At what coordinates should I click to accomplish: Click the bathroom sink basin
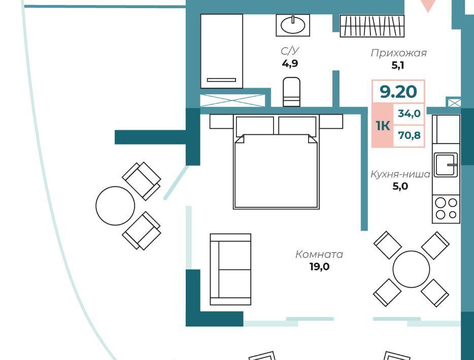pyautogui.click(x=293, y=25)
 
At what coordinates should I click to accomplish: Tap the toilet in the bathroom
pyautogui.click(x=291, y=92)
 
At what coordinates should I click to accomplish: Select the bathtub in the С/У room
pyautogui.click(x=222, y=51)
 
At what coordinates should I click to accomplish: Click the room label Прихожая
pyautogui.click(x=398, y=53)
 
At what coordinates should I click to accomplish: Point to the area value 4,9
pyautogui.click(x=290, y=64)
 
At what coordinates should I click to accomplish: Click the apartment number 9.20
pyautogui.click(x=398, y=91)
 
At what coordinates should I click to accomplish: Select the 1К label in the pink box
pyautogui.click(x=383, y=125)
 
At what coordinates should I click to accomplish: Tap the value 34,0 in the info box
pyautogui.click(x=409, y=114)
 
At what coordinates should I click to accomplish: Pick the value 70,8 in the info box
pyautogui.click(x=409, y=135)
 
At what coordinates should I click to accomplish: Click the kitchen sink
pyautogui.click(x=446, y=165)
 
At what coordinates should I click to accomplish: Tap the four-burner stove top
pyautogui.click(x=446, y=209)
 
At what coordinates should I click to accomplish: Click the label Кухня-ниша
pyautogui.click(x=400, y=174)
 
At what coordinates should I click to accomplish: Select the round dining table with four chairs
pyautogui.click(x=411, y=269)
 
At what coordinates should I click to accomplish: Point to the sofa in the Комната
pyautogui.click(x=230, y=269)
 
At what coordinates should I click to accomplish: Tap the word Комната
pyautogui.click(x=319, y=255)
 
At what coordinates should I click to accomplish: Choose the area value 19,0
pyautogui.click(x=319, y=267)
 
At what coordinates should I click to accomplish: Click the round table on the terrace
pyautogui.click(x=115, y=206)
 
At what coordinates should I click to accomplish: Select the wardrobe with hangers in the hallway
pyautogui.click(x=372, y=26)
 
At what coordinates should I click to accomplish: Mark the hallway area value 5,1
pyautogui.click(x=398, y=65)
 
